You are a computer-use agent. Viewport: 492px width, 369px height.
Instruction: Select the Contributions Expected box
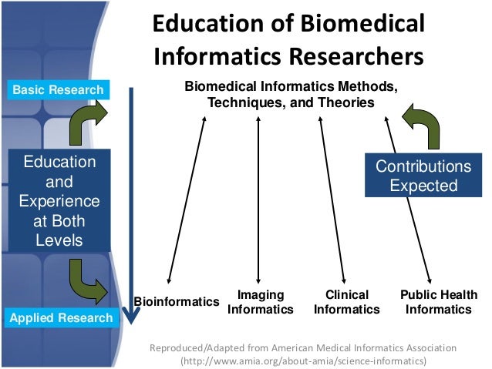point(422,176)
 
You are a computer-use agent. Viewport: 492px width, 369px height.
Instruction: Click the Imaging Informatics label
point(261,302)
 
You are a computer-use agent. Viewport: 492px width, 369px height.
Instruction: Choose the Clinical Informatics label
point(346,302)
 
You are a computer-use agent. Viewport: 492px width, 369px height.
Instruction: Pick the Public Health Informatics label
point(439,302)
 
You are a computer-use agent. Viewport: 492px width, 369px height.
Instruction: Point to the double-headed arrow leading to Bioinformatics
point(187,201)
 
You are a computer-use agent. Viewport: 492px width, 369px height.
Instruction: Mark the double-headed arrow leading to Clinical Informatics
point(333,201)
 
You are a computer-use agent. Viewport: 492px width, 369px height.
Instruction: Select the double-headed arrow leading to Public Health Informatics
point(409,201)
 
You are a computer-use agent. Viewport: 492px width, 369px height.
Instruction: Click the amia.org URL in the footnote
point(302,361)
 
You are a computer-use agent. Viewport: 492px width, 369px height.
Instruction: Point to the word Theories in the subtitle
point(347,102)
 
